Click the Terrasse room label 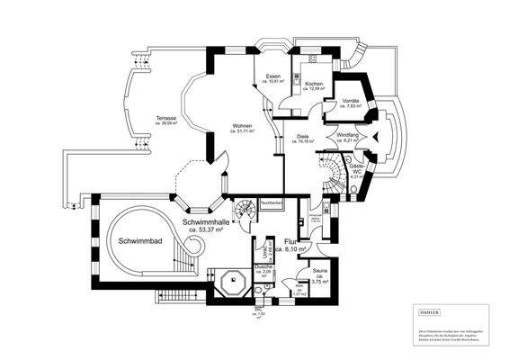[x=165, y=119]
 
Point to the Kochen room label [x=314, y=85]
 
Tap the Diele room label [x=303, y=138]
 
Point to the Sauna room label [x=319, y=270]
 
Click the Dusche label [x=263, y=268]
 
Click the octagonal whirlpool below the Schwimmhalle [x=234, y=282]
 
